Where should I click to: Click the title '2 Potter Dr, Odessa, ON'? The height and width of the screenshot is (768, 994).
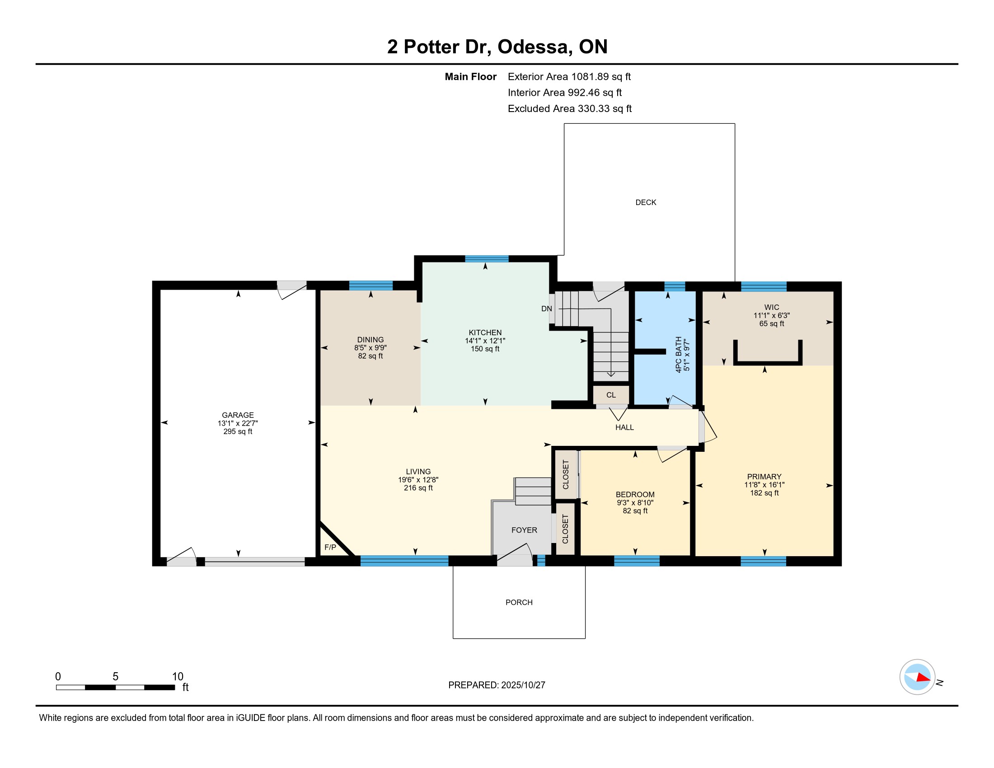[497, 47]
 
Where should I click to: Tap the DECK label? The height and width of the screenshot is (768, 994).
[646, 202]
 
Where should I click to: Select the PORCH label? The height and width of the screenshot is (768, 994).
[519, 602]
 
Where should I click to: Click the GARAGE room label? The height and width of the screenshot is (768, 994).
[238, 415]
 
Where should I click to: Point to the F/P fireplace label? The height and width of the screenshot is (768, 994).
[330, 547]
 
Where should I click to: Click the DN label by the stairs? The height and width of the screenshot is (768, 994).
[547, 309]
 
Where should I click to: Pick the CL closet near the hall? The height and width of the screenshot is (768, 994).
[611, 395]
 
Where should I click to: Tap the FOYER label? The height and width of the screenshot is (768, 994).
[524, 530]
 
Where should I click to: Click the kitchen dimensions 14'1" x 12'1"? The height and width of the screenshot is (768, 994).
[485, 341]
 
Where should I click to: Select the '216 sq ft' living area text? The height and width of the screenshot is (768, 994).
[418, 488]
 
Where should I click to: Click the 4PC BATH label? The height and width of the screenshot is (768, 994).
[679, 355]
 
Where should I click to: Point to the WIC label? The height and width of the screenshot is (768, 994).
[772, 308]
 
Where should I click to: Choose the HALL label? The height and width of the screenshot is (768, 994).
[624, 427]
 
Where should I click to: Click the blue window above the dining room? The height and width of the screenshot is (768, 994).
[371, 286]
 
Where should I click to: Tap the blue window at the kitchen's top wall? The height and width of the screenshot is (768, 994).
[487, 259]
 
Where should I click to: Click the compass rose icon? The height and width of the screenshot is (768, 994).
[917, 677]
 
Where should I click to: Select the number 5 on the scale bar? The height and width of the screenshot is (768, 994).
[116, 677]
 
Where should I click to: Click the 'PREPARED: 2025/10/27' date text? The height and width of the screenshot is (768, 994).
[497, 685]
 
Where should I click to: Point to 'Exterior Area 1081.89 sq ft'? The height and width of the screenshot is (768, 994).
[569, 77]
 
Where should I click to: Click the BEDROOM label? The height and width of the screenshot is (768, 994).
[635, 495]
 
